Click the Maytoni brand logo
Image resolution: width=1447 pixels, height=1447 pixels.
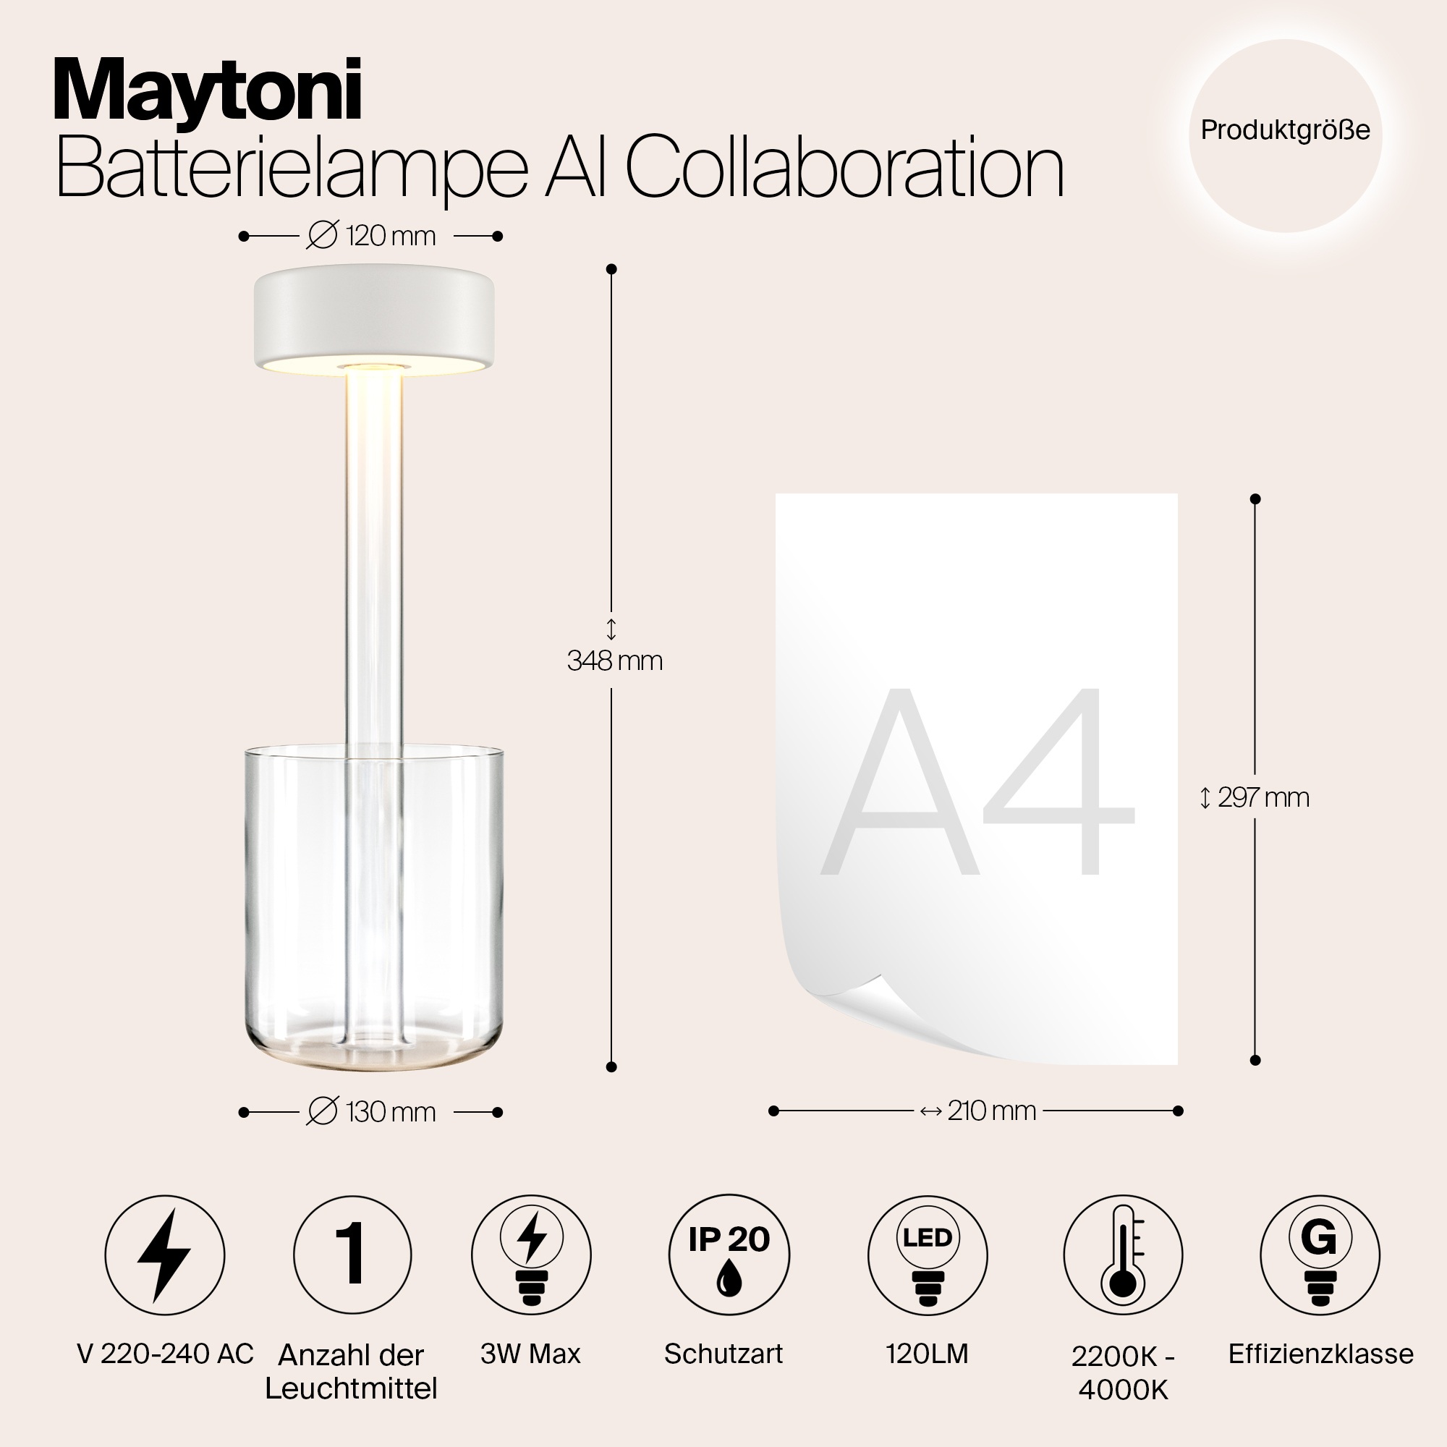[208, 92]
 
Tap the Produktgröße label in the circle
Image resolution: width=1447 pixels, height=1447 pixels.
[1285, 130]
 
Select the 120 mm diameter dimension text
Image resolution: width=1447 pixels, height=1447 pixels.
[372, 236]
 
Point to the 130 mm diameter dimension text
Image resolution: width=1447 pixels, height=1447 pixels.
[372, 1112]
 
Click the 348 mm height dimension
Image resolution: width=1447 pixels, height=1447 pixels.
[614, 660]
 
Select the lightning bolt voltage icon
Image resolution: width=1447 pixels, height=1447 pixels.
[165, 1255]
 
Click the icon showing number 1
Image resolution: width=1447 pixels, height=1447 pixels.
[352, 1255]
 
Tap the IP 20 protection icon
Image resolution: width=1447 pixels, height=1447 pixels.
[729, 1255]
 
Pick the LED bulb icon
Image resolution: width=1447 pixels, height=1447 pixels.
[928, 1255]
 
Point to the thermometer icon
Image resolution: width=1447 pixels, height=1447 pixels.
[1123, 1255]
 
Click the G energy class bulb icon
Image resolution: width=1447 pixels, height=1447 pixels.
[1319, 1255]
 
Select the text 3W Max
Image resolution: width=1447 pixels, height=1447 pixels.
[530, 1354]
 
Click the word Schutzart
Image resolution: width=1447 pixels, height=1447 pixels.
[723, 1354]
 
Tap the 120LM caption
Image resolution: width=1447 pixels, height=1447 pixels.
[928, 1354]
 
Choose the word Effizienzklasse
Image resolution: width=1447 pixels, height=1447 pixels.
[1320, 1354]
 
